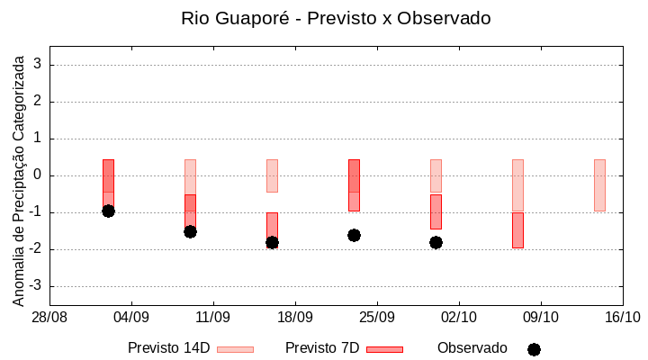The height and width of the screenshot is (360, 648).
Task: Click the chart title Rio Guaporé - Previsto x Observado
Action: pos(336,18)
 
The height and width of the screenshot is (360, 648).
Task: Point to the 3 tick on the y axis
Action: pos(38,65)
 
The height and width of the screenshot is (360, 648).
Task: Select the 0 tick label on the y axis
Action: pos(38,175)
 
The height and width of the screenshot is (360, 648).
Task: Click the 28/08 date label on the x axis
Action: pos(49,317)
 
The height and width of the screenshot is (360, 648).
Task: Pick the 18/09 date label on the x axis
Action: pos(295,317)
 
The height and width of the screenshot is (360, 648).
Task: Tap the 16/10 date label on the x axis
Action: pos(622,317)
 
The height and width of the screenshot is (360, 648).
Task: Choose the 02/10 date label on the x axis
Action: pos(459,317)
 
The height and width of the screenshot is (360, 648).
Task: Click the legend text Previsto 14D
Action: pos(168,348)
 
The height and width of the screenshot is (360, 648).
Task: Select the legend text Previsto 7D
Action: pos(321,348)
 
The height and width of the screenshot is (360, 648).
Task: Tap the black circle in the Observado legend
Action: pos(534,349)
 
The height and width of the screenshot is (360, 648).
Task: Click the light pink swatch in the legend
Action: pos(236,349)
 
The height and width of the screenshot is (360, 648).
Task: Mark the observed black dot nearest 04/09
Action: pos(108,211)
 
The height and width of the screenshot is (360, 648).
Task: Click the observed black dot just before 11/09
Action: pos(190,231)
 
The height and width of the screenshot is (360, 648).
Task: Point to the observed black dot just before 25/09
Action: pos(354,235)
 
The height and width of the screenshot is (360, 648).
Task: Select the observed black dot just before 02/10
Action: pos(436,242)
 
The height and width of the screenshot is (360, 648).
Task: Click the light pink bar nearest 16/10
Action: pos(599,184)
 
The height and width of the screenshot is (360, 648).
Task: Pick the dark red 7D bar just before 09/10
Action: pos(517,229)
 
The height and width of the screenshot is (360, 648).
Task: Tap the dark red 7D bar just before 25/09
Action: pos(354,184)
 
